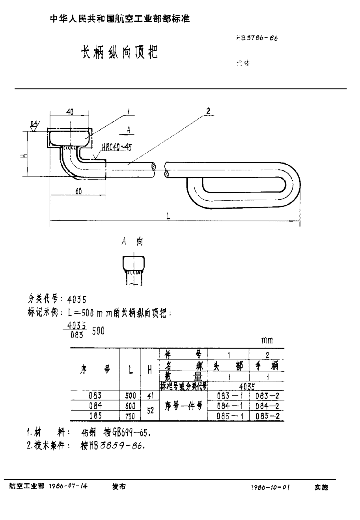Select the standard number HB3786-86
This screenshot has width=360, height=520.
click(x=257, y=39)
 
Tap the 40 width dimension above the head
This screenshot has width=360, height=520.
click(x=69, y=112)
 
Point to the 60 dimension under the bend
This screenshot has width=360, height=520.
click(x=78, y=191)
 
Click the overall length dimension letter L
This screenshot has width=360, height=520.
click(x=168, y=216)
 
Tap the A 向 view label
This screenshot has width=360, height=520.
click(x=132, y=242)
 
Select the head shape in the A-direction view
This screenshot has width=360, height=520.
click(x=133, y=263)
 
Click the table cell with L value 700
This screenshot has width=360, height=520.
click(x=130, y=416)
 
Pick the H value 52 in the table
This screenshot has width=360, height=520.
click(x=149, y=411)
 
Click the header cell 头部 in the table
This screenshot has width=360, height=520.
click(x=228, y=367)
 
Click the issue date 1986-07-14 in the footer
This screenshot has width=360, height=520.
click(x=68, y=487)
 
